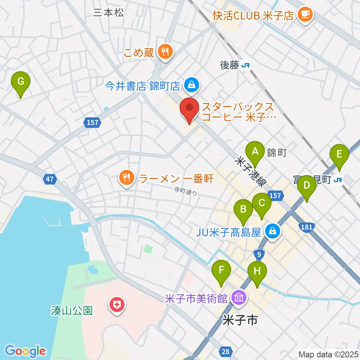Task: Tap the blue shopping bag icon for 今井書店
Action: click(x=192, y=86)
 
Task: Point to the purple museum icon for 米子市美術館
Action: click(x=239, y=298)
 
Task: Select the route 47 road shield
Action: click(x=50, y=180)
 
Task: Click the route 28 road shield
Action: click(x=225, y=351)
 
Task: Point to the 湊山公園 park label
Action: click(x=72, y=311)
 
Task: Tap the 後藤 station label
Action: click(x=229, y=66)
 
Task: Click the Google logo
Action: click(x=25, y=351)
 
